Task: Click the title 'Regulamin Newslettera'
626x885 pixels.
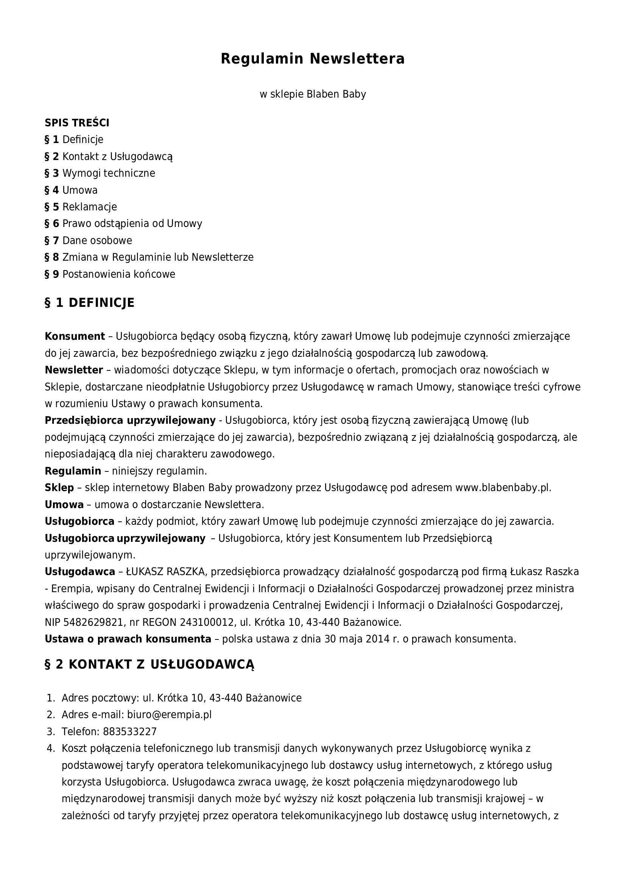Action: click(x=313, y=59)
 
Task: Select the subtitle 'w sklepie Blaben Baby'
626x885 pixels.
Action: click(x=313, y=94)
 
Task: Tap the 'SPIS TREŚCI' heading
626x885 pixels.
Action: click(x=77, y=123)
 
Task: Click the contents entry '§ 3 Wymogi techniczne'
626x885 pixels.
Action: click(x=100, y=173)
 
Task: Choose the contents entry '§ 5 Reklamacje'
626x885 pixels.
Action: click(x=81, y=207)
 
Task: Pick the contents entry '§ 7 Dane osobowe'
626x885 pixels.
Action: click(x=88, y=241)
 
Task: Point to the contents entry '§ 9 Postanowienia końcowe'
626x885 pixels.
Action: click(x=110, y=274)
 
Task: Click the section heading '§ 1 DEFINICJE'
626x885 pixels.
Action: click(x=90, y=303)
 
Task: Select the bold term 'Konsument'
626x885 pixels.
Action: click(x=75, y=336)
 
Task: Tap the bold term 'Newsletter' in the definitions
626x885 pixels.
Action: click(x=74, y=370)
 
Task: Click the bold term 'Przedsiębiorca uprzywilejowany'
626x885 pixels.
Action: click(x=130, y=420)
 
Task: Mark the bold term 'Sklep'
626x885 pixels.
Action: click(x=59, y=488)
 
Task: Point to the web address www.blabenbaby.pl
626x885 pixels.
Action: click(x=503, y=488)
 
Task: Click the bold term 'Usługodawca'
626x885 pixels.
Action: click(x=80, y=572)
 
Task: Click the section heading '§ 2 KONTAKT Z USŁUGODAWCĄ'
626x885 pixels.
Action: click(x=149, y=664)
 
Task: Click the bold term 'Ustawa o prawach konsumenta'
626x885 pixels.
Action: click(x=128, y=639)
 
